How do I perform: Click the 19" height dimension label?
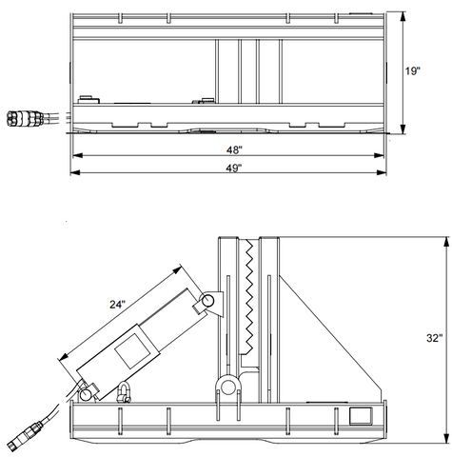tap(412, 70)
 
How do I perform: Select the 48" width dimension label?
tap(234, 149)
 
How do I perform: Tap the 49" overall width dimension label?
tap(234, 168)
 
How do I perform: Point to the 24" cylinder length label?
tap(118, 305)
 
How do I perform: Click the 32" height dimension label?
tap(434, 338)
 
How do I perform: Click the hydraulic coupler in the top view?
tap(25, 118)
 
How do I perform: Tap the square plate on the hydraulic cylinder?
tap(132, 350)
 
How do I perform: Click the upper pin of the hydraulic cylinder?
tap(208, 300)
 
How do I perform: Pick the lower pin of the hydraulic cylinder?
tap(86, 395)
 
